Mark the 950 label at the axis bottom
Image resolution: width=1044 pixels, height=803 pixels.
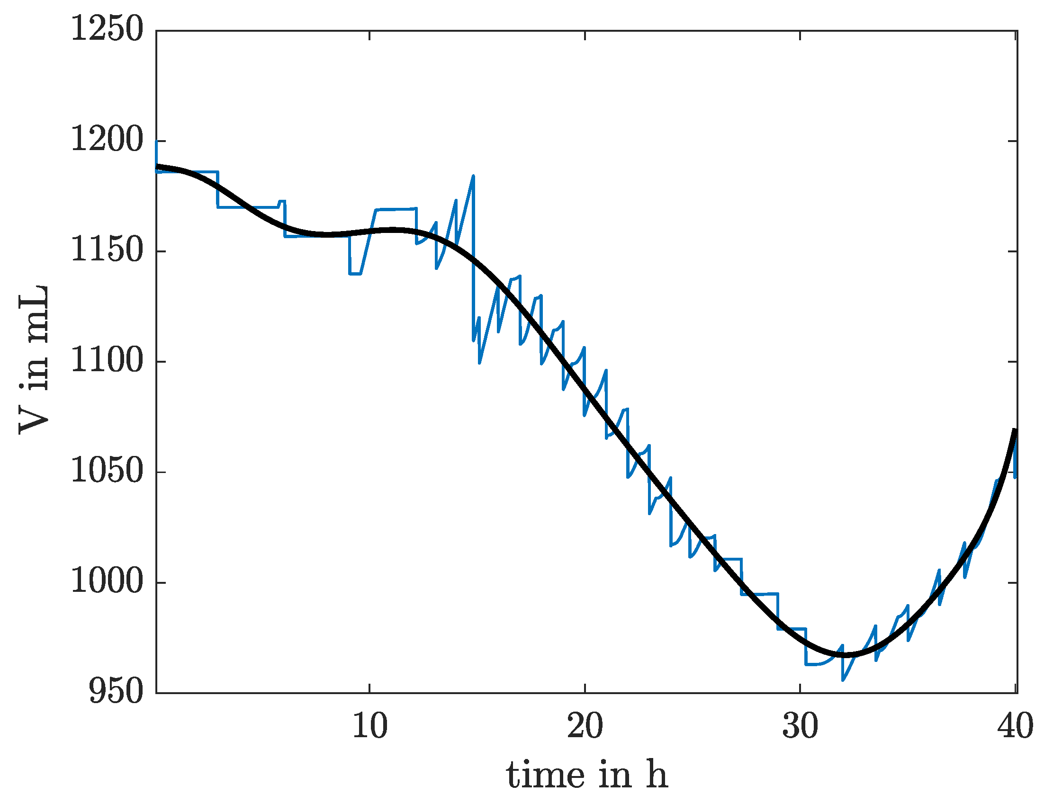tap(116, 692)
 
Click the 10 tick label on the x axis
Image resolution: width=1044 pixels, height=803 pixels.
tap(369, 727)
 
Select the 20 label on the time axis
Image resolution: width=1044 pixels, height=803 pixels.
tap(585, 727)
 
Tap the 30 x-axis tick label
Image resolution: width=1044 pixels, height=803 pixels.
tap(800, 727)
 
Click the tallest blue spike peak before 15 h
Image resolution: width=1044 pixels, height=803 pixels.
tap(473, 176)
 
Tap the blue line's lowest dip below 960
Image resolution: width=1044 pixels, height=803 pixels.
tap(843, 680)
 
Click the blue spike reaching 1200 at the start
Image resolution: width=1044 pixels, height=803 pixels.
tap(156, 142)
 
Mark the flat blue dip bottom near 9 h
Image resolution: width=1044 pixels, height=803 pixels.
tap(355, 274)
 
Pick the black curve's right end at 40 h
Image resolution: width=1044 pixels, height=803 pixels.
tap(1015, 430)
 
